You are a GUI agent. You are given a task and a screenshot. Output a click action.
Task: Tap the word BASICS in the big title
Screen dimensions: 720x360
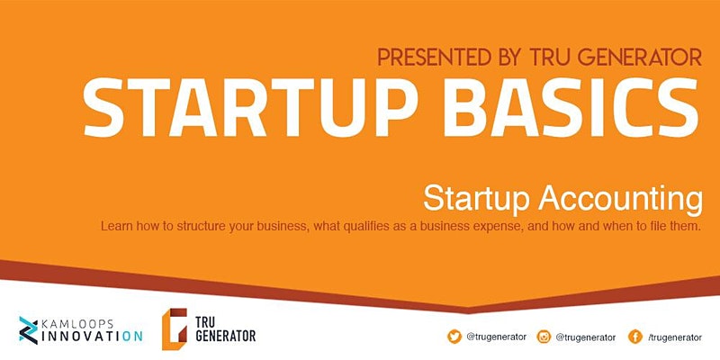(x=571, y=107)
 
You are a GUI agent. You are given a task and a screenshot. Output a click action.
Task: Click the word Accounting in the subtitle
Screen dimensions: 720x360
(x=620, y=200)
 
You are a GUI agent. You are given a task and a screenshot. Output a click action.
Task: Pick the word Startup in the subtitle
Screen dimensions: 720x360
(x=477, y=200)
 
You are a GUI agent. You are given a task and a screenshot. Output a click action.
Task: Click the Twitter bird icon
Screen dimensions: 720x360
(x=454, y=337)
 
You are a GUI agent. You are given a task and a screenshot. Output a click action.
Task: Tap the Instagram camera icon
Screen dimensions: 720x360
(x=544, y=337)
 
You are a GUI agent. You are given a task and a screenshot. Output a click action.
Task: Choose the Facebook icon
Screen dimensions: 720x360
(x=635, y=337)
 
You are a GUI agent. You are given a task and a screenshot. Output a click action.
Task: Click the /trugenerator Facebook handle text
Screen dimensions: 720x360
(x=675, y=337)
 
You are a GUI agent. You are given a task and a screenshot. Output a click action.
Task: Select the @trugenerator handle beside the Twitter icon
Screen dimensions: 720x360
(x=497, y=337)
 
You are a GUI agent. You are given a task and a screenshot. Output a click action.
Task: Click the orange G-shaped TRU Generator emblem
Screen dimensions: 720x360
(x=175, y=328)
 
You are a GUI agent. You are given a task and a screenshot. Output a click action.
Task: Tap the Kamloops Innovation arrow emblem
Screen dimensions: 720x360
(x=29, y=330)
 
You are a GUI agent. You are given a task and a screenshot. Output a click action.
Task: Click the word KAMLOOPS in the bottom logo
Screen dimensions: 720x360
(x=77, y=324)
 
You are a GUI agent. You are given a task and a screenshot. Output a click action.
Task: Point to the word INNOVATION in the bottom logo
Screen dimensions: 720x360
(x=92, y=337)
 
